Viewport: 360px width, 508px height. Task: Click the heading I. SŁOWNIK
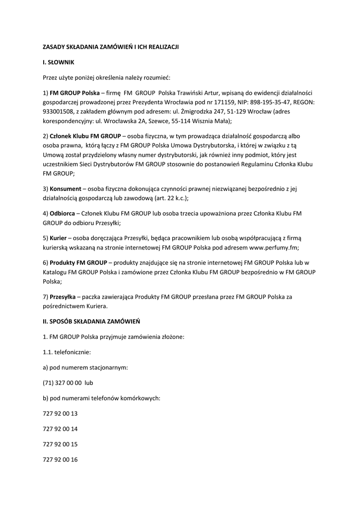(58, 62)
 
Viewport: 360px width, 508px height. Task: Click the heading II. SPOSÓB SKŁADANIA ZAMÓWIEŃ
(91, 321)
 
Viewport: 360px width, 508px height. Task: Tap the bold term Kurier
(59, 238)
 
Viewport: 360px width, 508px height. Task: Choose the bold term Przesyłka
(63, 296)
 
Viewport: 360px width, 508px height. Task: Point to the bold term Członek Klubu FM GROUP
(85, 135)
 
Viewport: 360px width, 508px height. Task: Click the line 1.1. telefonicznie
(67, 352)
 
